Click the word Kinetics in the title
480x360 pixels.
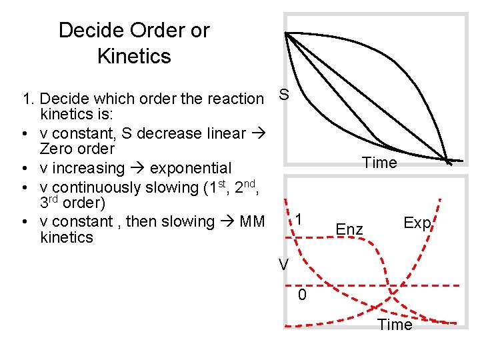[134, 56]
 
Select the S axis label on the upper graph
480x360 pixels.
[283, 95]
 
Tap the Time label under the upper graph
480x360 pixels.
[379, 163]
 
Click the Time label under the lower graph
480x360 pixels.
[395, 325]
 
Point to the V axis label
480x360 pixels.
[283, 265]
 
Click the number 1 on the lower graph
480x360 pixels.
[301, 219]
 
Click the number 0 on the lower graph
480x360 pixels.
[302, 295]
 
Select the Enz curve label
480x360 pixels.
[349, 230]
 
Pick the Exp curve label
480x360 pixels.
[417, 223]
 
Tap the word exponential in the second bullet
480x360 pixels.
[191, 168]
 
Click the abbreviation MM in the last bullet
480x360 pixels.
[251, 221]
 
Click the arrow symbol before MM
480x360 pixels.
[227, 221]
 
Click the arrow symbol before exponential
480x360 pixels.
[137, 168]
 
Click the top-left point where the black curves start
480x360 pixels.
[286, 33]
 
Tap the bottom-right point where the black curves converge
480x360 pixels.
[449, 160]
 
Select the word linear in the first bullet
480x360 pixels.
[225, 133]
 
